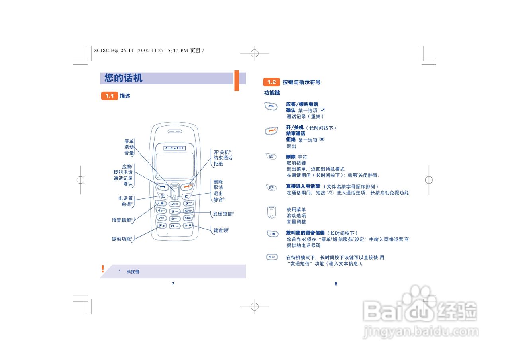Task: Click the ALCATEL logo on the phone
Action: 175,148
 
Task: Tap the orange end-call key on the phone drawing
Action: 186,186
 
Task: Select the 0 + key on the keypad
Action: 175,226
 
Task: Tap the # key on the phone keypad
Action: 188,226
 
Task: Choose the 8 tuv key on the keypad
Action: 175,219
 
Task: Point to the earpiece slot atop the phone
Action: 174,131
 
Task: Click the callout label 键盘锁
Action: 221,231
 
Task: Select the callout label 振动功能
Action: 122,239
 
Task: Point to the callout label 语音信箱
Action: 122,220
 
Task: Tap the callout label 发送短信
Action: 223,214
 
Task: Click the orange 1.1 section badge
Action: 109,96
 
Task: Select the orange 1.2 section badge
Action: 271,82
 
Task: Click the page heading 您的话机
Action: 124,78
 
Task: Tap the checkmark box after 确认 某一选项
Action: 323,110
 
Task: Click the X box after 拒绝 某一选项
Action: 322,139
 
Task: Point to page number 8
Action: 336,284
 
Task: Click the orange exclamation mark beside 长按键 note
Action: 102,269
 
